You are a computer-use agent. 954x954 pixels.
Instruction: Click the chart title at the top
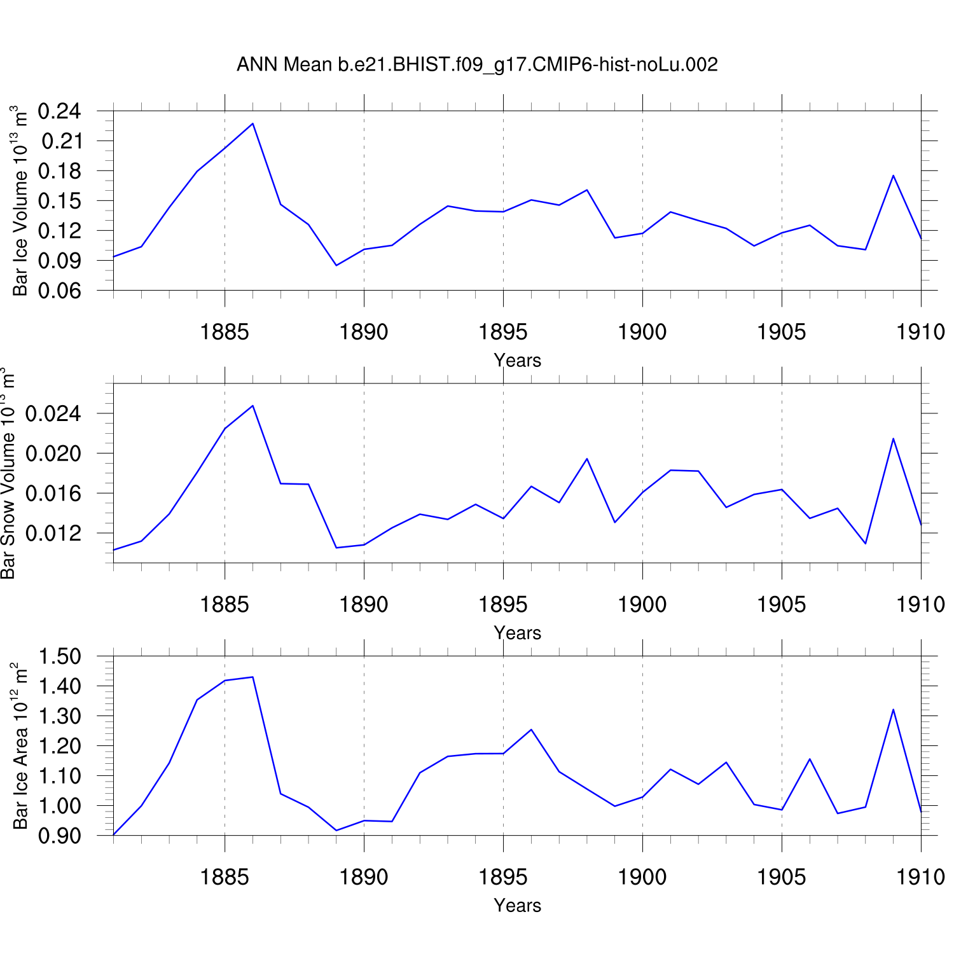tap(477, 64)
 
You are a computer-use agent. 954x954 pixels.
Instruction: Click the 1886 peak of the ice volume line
tap(252, 123)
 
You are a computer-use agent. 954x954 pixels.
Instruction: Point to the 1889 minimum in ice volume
tap(336, 265)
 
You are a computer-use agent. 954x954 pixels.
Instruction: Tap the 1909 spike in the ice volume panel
tap(893, 176)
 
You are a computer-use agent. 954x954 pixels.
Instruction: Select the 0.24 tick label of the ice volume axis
tap(60, 111)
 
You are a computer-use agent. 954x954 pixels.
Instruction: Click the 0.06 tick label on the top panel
tap(60, 291)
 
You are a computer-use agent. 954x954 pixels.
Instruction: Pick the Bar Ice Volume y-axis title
tap(20, 201)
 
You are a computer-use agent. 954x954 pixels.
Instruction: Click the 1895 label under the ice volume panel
tap(503, 331)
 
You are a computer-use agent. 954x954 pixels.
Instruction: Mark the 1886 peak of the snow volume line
tap(252, 406)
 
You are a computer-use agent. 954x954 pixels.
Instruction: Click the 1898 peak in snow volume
tap(586, 459)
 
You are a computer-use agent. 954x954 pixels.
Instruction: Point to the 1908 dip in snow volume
tap(866, 543)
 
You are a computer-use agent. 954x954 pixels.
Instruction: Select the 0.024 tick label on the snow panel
tap(53, 414)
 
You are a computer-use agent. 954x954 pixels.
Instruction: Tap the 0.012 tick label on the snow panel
tap(53, 534)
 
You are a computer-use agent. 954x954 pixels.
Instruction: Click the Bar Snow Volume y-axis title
tap(8, 473)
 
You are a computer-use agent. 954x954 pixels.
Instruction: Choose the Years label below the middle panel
tap(517, 633)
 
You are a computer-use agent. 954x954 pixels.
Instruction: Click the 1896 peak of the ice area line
tap(531, 729)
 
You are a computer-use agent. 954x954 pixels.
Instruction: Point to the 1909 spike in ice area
tap(893, 709)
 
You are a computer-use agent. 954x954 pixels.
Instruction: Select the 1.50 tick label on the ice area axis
tap(60, 656)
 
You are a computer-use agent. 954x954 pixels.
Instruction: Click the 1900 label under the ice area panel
tap(642, 877)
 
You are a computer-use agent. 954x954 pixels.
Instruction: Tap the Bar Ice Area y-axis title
tap(20, 746)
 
